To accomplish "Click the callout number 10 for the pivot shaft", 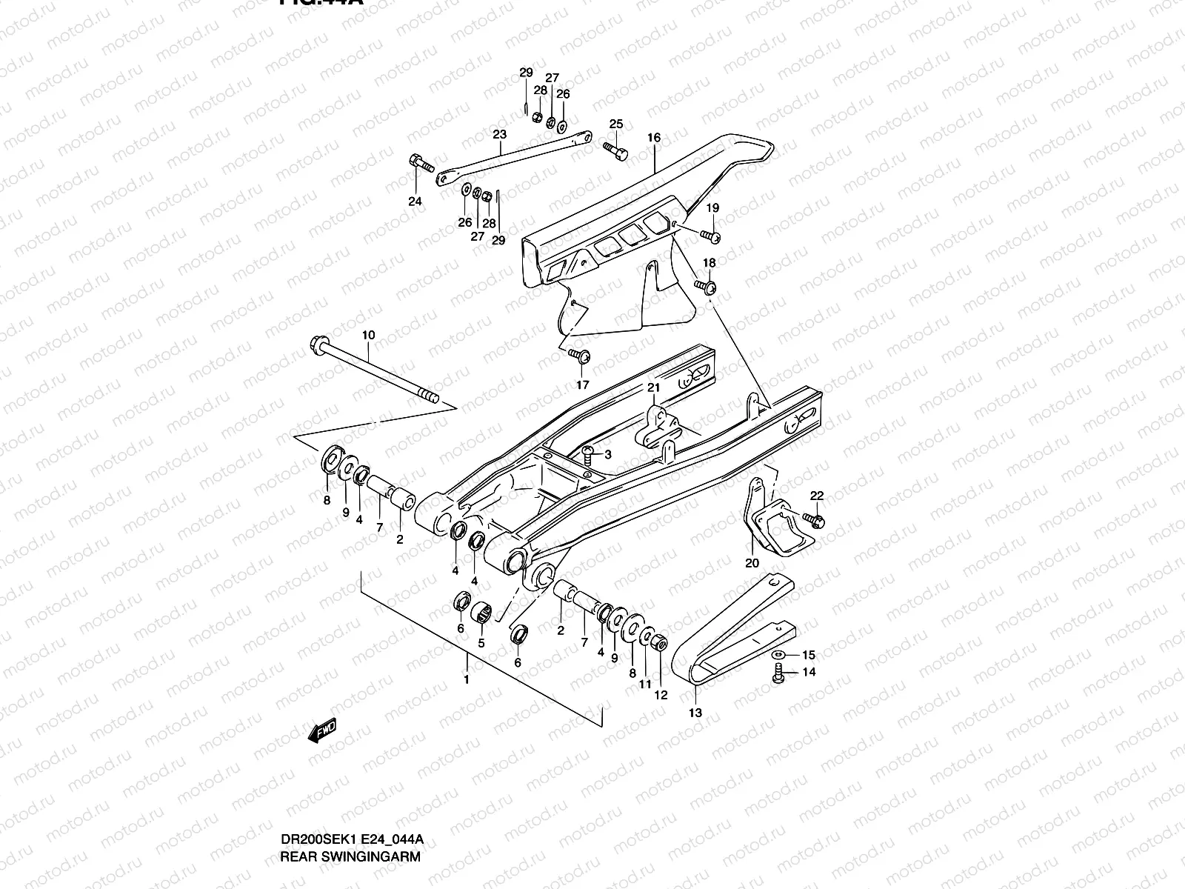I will click(x=369, y=335).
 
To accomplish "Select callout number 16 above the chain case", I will click(x=653, y=138).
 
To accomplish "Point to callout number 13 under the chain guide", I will click(x=695, y=713).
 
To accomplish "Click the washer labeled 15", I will click(x=778, y=656).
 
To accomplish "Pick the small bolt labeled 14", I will click(x=778, y=674).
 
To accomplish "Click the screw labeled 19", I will click(x=712, y=237).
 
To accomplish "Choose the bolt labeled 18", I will click(x=707, y=286).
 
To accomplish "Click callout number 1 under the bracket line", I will click(x=467, y=679).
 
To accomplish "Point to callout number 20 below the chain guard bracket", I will click(x=752, y=562).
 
